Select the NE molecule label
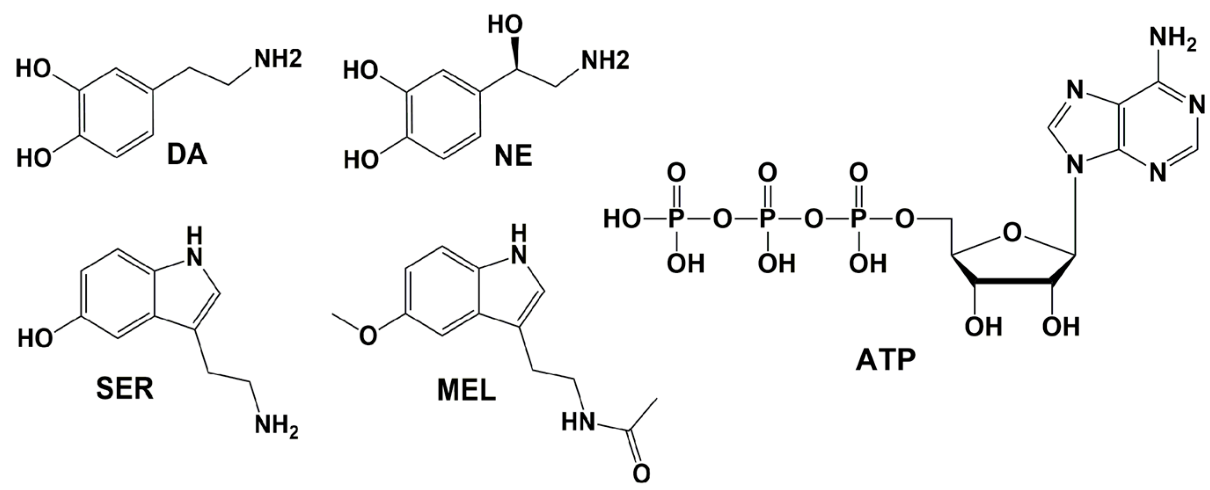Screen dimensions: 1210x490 click(513, 156)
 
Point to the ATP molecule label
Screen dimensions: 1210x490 click(885, 361)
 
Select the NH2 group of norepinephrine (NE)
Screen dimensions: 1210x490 click(604, 61)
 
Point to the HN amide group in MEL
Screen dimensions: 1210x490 click(578, 422)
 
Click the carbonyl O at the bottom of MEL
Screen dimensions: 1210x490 click(641, 474)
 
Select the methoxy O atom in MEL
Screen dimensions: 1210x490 click(368, 335)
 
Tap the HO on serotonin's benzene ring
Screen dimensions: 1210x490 click(35, 338)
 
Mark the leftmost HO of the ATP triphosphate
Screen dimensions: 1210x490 click(621, 219)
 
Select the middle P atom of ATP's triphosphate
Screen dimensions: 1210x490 click(767, 219)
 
